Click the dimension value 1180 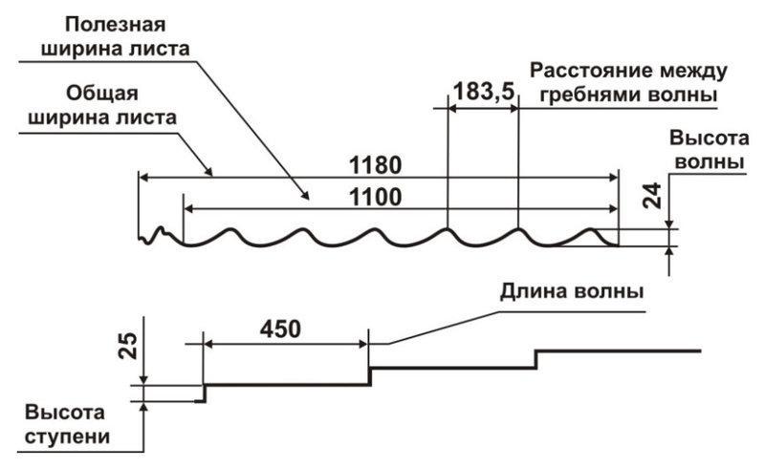(376, 162)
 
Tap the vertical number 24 (653, 197)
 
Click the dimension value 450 (279, 328)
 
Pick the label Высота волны (705, 149)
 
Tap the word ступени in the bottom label (69, 438)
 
